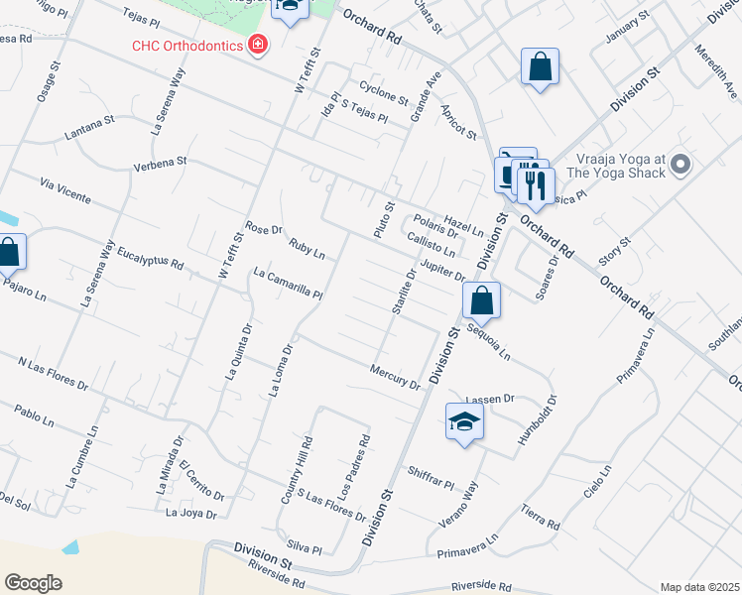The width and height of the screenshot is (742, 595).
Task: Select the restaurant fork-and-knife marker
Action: point(536,185)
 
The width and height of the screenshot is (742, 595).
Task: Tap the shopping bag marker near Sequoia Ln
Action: point(481,299)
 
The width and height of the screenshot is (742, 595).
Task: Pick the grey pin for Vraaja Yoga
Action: point(680,164)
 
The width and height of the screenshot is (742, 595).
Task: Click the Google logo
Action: point(33,583)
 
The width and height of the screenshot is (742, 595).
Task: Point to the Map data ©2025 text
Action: point(699,587)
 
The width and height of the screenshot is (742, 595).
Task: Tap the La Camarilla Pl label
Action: point(289,284)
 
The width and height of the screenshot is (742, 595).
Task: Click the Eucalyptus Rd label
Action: point(150,258)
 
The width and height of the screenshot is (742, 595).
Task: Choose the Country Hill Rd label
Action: point(297,471)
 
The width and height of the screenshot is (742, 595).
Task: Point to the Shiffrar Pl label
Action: point(429,478)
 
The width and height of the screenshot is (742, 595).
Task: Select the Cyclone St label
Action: point(384,94)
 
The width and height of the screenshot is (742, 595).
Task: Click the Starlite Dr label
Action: point(403,292)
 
